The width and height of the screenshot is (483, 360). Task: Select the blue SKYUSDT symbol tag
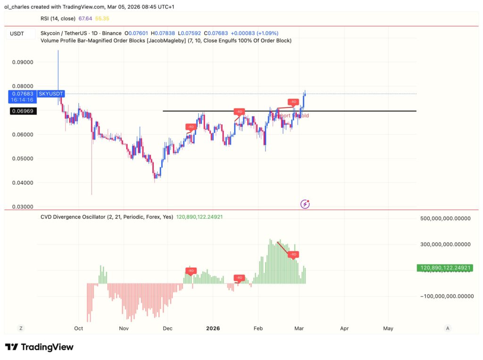pos(50,94)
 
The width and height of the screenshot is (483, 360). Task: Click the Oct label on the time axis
pos(79,328)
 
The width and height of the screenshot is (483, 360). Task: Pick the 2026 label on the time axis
pos(212,328)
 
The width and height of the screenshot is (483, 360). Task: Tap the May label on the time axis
pos(388,328)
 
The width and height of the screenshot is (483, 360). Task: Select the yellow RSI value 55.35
pos(102,18)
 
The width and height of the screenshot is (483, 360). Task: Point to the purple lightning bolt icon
pos(305,204)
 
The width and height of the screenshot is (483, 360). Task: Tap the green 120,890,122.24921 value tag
pos(444,268)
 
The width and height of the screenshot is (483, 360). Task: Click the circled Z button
pos(21,328)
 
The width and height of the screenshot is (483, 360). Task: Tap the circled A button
pos(448,328)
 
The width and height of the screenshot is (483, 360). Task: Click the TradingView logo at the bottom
pos(40,347)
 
